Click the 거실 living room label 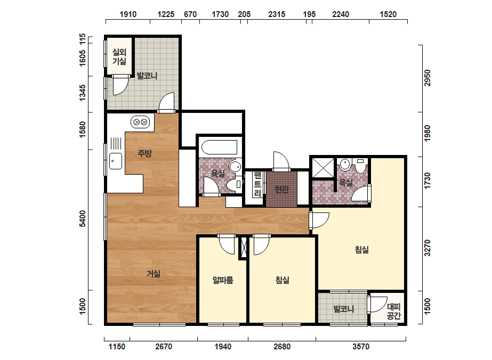tap(154, 274)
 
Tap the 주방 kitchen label tap(144, 153)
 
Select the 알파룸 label tap(223, 280)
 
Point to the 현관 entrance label tap(281, 189)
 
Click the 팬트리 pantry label tap(257, 184)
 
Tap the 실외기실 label tap(119, 56)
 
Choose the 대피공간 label tap(393, 311)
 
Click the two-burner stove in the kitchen tap(140, 122)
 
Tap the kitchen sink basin tap(116, 161)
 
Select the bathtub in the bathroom tap(219, 148)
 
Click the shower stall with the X tap(323, 168)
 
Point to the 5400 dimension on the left tap(82, 218)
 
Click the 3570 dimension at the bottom tap(361, 347)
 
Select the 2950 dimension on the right tap(427, 78)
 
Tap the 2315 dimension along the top tap(277, 14)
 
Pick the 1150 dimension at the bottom tap(117, 347)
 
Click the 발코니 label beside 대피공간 tap(344, 309)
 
